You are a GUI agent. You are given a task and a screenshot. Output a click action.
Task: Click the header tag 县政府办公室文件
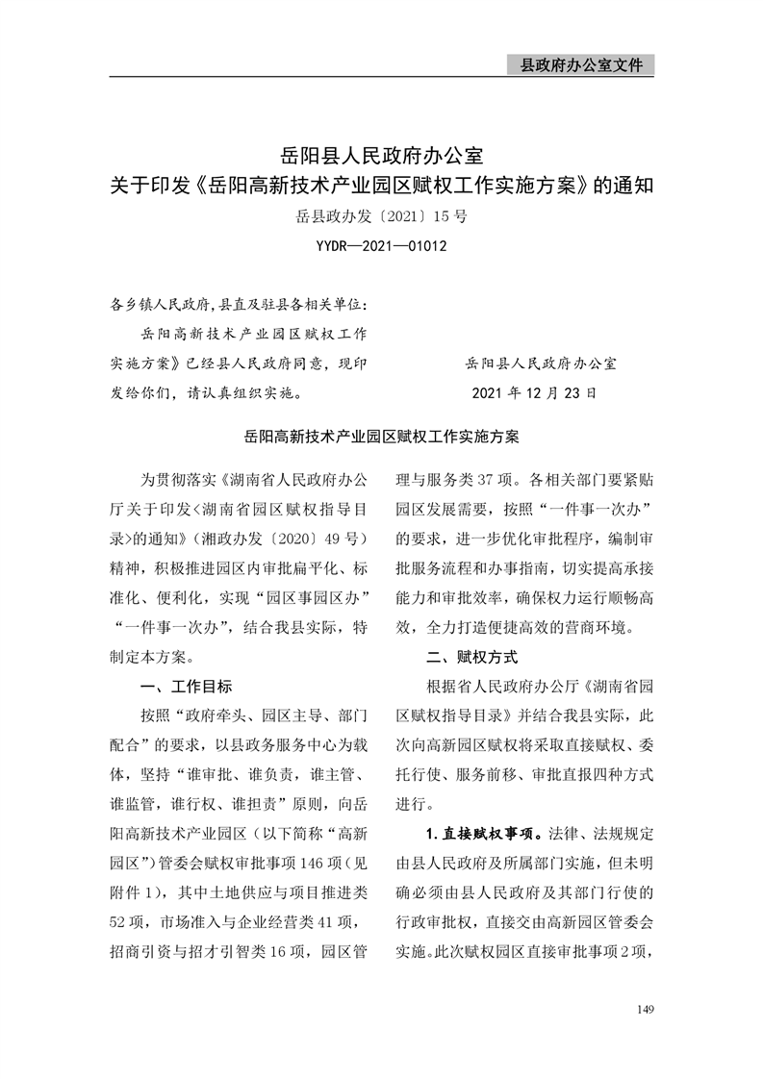click(x=580, y=65)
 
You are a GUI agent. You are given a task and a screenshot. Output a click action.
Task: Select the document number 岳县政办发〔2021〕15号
click(x=381, y=216)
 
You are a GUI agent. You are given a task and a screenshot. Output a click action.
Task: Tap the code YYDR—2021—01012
click(x=381, y=246)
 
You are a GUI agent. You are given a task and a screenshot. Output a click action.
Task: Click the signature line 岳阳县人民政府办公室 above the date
click(x=541, y=364)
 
